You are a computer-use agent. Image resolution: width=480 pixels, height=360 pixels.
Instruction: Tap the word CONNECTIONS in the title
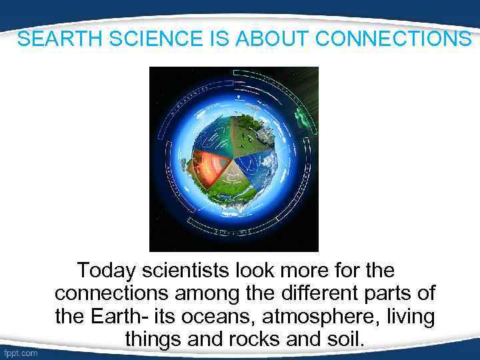pos(393,39)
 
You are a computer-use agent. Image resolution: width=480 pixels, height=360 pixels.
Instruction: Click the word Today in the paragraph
pos(105,271)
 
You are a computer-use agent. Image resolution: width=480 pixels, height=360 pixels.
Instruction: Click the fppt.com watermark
pos(21,353)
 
